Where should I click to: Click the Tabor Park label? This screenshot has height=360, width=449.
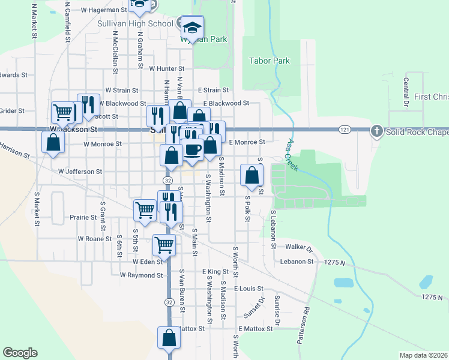[270, 61]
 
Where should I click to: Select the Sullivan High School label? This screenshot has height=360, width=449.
[135, 23]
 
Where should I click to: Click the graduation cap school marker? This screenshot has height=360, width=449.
[192, 27]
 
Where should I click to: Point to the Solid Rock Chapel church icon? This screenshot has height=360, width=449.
[376, 131]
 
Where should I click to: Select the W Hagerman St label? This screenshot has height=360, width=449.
[101, 10]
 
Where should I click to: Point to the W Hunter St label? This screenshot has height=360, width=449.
[166, 69]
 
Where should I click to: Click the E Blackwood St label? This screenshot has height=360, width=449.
[226, 103]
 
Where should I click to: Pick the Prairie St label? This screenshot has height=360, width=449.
[83, 218]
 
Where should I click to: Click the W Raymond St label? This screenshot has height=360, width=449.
[141, 275]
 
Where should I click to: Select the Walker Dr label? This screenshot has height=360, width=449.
[300, 247]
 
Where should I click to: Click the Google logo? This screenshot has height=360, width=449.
[20, 353]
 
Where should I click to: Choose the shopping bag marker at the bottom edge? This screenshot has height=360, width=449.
[169, 338]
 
